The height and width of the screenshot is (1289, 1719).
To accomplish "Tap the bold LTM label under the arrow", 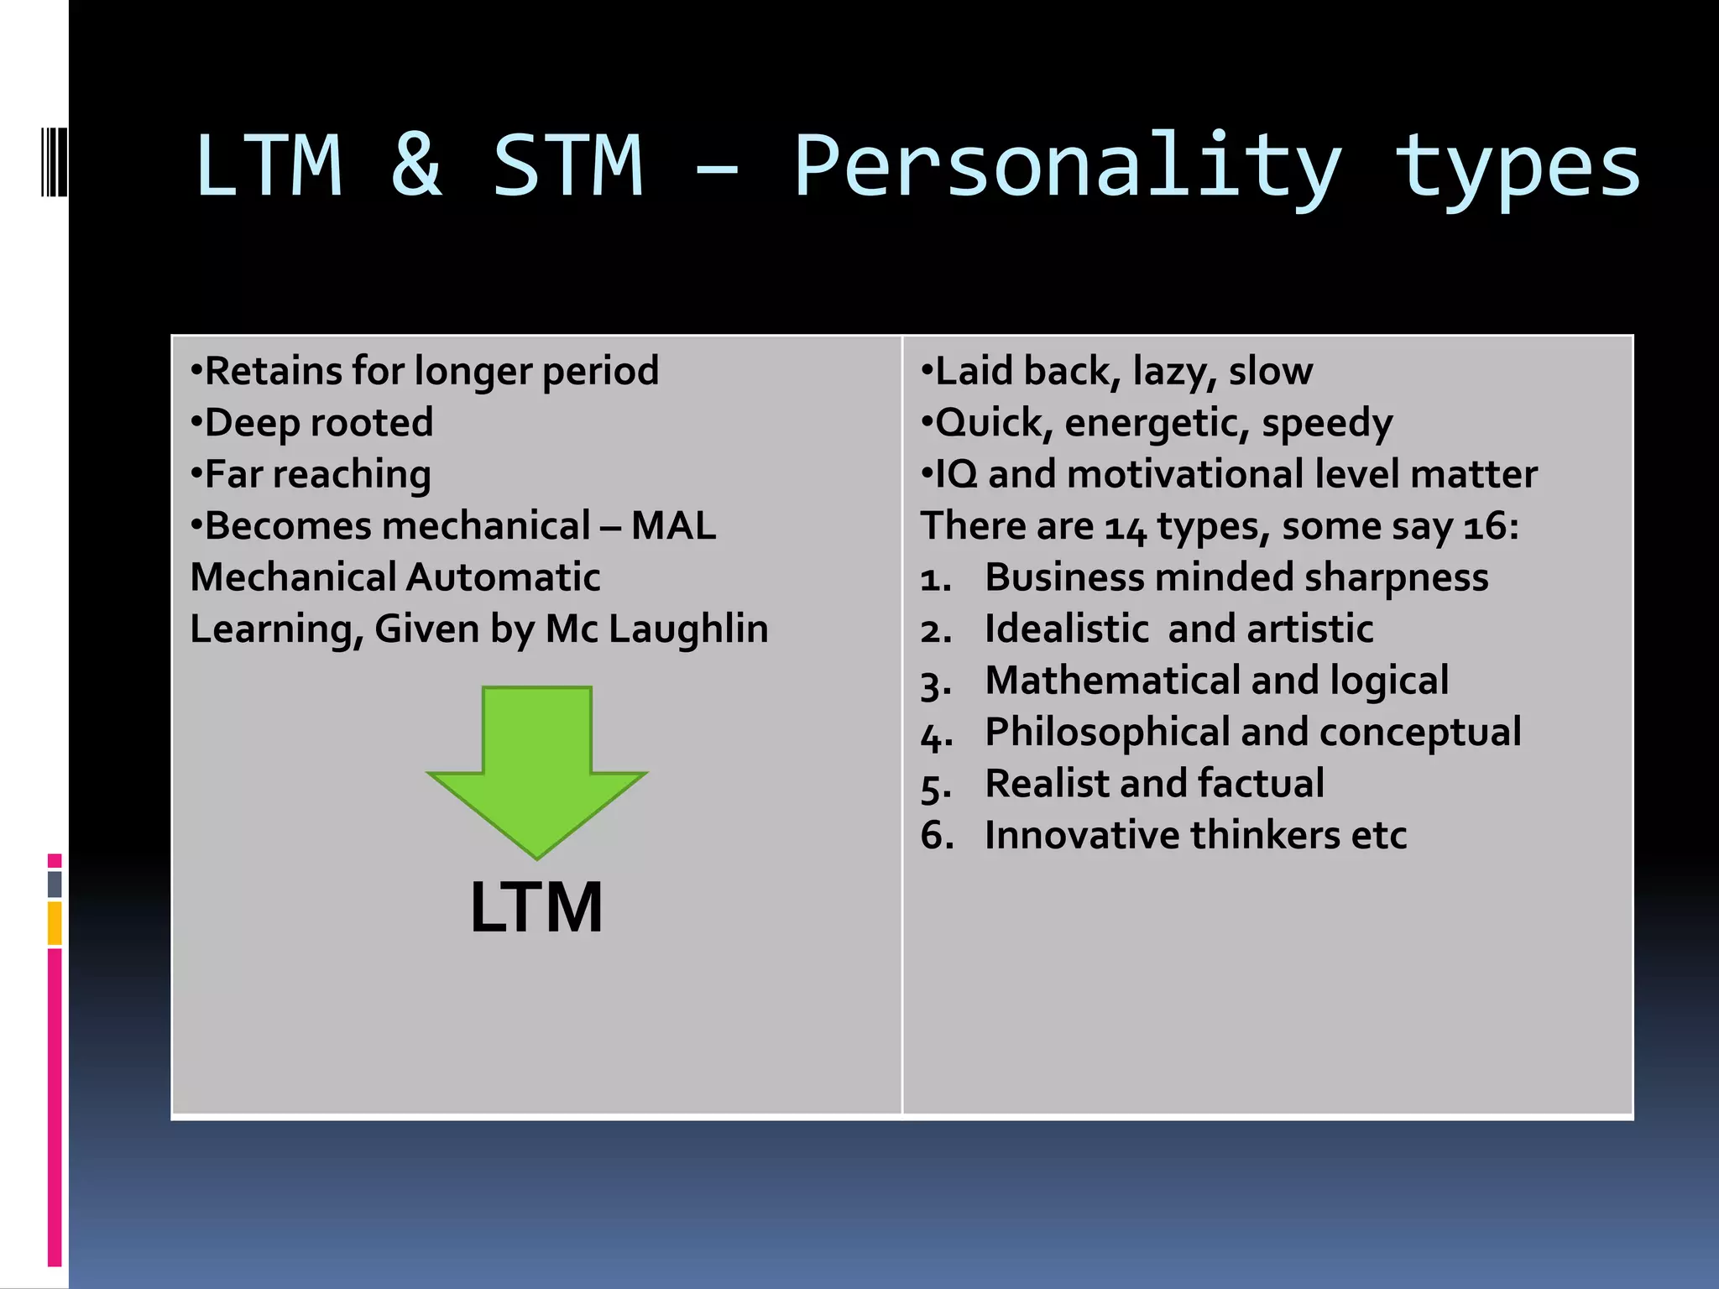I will pyautogui.click(x=536, y=907).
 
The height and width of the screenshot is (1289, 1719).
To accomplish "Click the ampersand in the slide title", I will pyautogui.click(x=416, y=165).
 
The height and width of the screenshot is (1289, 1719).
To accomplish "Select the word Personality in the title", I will pyautogui.click(x=1067, y=168).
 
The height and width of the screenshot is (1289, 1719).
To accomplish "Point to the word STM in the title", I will pyautogui.click(x=567, y=165).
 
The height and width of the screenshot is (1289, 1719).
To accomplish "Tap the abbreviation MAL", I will pyautogui.click(x=673, y=526).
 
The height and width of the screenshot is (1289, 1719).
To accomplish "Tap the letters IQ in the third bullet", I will pyautogui.click(x=956, y=475).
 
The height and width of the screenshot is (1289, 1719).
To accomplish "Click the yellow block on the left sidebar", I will pyautogui.click(x=55, y=923).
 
